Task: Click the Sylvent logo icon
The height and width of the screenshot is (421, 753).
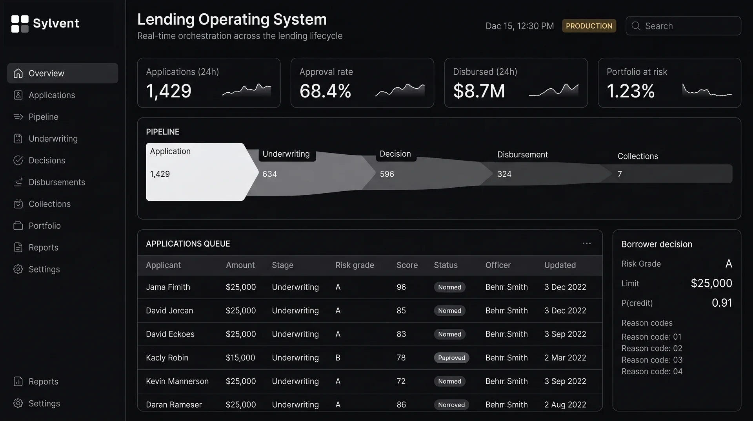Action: pos(20,24)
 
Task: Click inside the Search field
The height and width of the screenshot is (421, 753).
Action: pos(683,26)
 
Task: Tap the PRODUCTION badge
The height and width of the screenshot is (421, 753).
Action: pos(589,26)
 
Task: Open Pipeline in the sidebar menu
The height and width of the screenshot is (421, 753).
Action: pos(43,117)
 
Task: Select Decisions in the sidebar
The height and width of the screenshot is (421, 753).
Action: pos(47,161)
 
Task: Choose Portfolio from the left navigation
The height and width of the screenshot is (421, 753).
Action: pos(44,226)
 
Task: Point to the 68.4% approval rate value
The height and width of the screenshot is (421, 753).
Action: pos(325,91)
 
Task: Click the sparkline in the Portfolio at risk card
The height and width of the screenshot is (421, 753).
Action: pos(707,91)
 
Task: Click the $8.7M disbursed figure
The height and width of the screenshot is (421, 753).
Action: pos(479,91)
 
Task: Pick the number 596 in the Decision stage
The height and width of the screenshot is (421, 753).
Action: pos(387,174)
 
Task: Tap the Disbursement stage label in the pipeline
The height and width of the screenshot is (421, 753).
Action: pos(522,155)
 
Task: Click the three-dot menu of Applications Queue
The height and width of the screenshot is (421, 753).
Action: pos(586,243)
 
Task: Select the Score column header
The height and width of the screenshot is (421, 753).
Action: pos(407,265)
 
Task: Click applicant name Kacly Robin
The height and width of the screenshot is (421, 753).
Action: pos(167,358)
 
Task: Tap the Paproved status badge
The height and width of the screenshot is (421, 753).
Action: pos(451,358)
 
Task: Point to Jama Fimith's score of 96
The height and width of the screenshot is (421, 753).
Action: pos(401,287)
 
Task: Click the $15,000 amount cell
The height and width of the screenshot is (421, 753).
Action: pos(240,358)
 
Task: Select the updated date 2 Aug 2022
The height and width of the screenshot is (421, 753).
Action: pos(565,405)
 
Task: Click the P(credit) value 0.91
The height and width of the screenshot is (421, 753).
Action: pos(722,303)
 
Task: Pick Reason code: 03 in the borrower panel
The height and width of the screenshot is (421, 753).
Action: pos(652,360)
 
